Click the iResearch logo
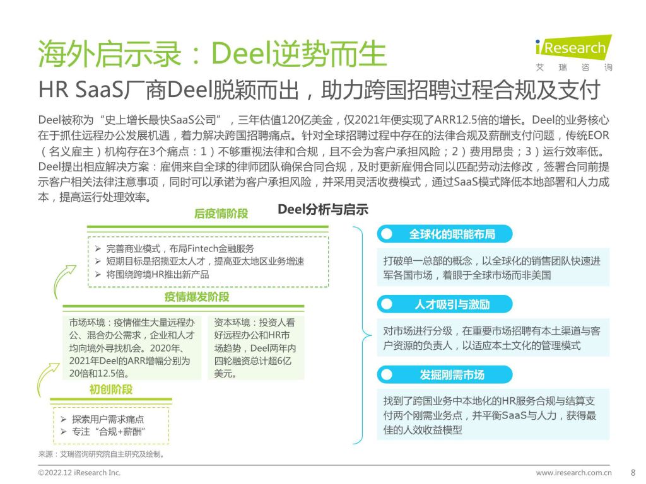click(x=573, y=53)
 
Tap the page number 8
click(x=633, y=473)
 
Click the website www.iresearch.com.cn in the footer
click(x=573, y=473)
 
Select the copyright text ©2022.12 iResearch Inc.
click(x=79, y=473)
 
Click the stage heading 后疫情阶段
click(x=221, y=214)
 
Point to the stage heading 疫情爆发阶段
click(x=197, y=297)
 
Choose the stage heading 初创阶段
click(x=111, y=389)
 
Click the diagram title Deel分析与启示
click(x=323, y=209)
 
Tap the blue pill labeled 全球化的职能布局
click(x=445, y=234)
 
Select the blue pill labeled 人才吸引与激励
click(x=445, y=304)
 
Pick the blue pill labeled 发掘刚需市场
click(x=445, y=375)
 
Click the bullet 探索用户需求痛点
click(x=103, y=419)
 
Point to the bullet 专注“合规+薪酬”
click(x=103, y=432)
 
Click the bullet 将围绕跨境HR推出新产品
click(x=152, y=275)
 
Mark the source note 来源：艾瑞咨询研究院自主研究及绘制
click(x=102, y=454)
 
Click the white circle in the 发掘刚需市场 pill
click(x=387, y=375)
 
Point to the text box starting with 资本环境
click(x=256, y=348)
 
